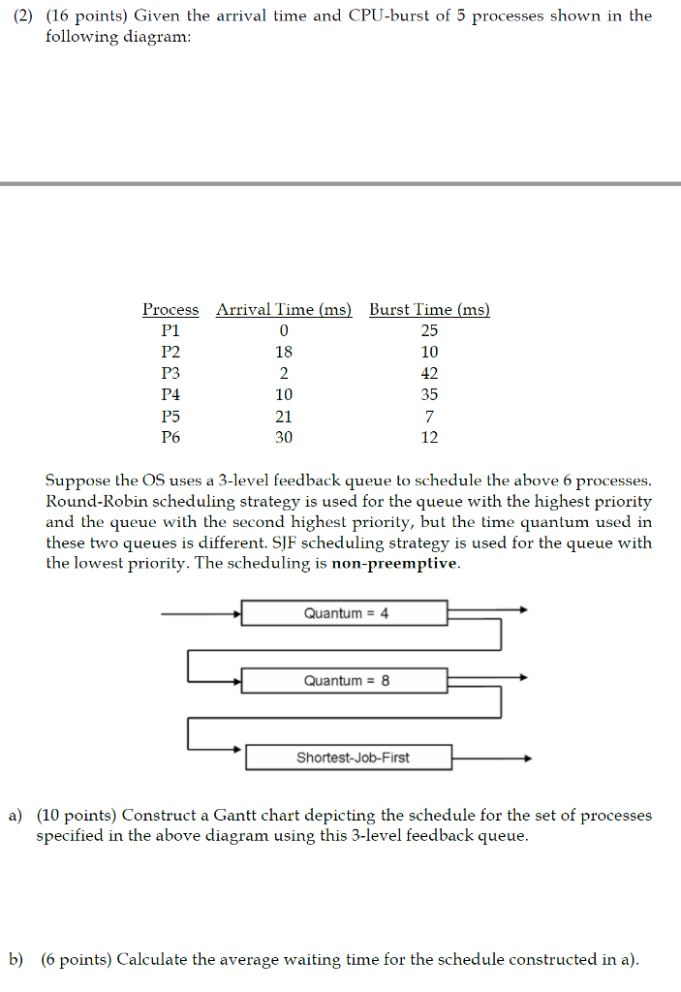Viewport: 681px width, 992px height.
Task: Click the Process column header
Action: [x=170, y=310]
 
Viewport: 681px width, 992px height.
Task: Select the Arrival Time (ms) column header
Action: [x=283, y=310]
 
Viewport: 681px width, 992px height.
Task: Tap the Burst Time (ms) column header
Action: [x=429, y=310]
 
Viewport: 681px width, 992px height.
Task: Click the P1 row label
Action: [x=170, y=331]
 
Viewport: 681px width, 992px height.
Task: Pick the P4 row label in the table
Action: [x=170, y=395]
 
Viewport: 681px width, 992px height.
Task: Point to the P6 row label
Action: [x=170, y=438]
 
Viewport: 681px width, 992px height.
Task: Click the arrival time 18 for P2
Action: [x=284, y=353]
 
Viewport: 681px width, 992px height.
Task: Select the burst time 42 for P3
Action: [x=430, y=374]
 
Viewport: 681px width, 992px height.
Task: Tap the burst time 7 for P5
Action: [x=430, y=417]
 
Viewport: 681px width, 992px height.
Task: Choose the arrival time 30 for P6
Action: [x=284, y=438]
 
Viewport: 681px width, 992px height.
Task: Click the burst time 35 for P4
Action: [x=430, y=395]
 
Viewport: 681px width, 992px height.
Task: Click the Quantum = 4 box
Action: [x=345, y=613]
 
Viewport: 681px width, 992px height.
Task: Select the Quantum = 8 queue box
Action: [x=345, y=680]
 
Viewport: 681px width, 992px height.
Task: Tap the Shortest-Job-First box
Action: [x=349, y=758]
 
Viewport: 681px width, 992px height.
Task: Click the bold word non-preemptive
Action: [x=394, y=564]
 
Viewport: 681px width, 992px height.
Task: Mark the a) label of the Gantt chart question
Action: [x=16, y=816]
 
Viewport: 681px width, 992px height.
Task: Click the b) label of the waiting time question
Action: [x=16, y=960]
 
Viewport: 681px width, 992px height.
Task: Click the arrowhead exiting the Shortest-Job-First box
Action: [x=528, y=759]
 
